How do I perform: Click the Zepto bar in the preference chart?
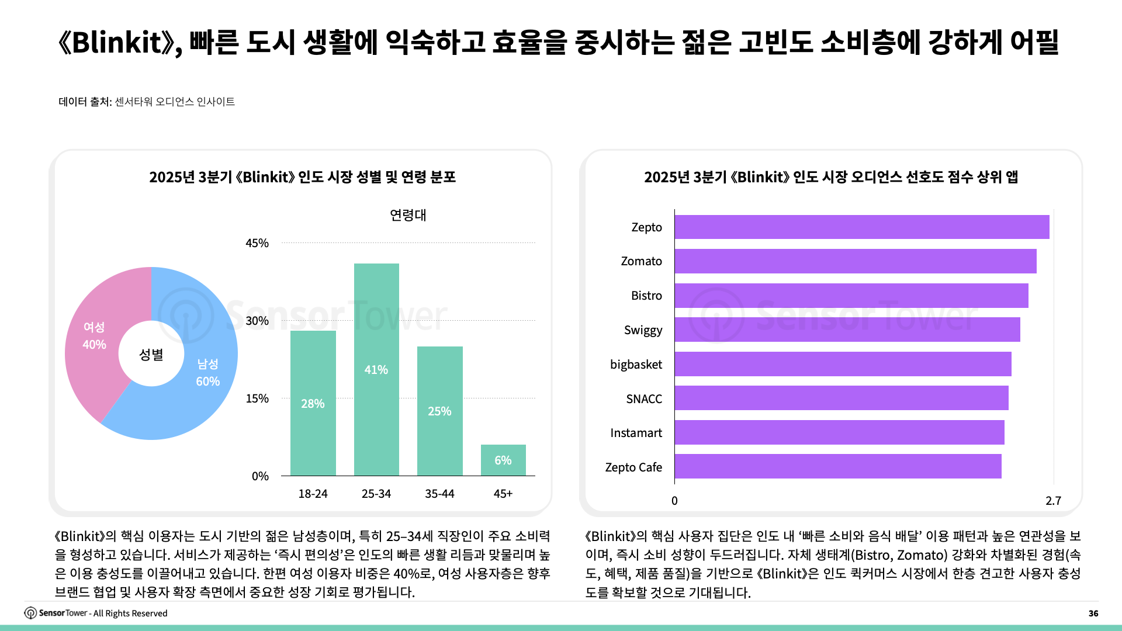point(862,227)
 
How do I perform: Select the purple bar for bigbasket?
point(843,364)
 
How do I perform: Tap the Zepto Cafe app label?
point(633,467)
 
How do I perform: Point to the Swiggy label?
point(643,330)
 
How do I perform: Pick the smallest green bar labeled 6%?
point(503,460)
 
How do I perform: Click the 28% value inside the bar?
point(313,404)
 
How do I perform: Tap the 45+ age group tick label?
point(503,494)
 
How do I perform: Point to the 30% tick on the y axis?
point(257,321)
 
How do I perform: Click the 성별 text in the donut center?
point(151,355)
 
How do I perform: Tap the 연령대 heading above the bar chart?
point(408,215)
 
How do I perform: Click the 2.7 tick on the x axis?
point(1053,501)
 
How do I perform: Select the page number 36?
point(1093,613)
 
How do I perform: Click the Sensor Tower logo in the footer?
point(30,613)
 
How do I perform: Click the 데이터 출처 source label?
point(85,102)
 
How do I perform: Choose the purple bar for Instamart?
point(839,432)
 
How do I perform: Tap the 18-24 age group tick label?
point(313,494)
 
